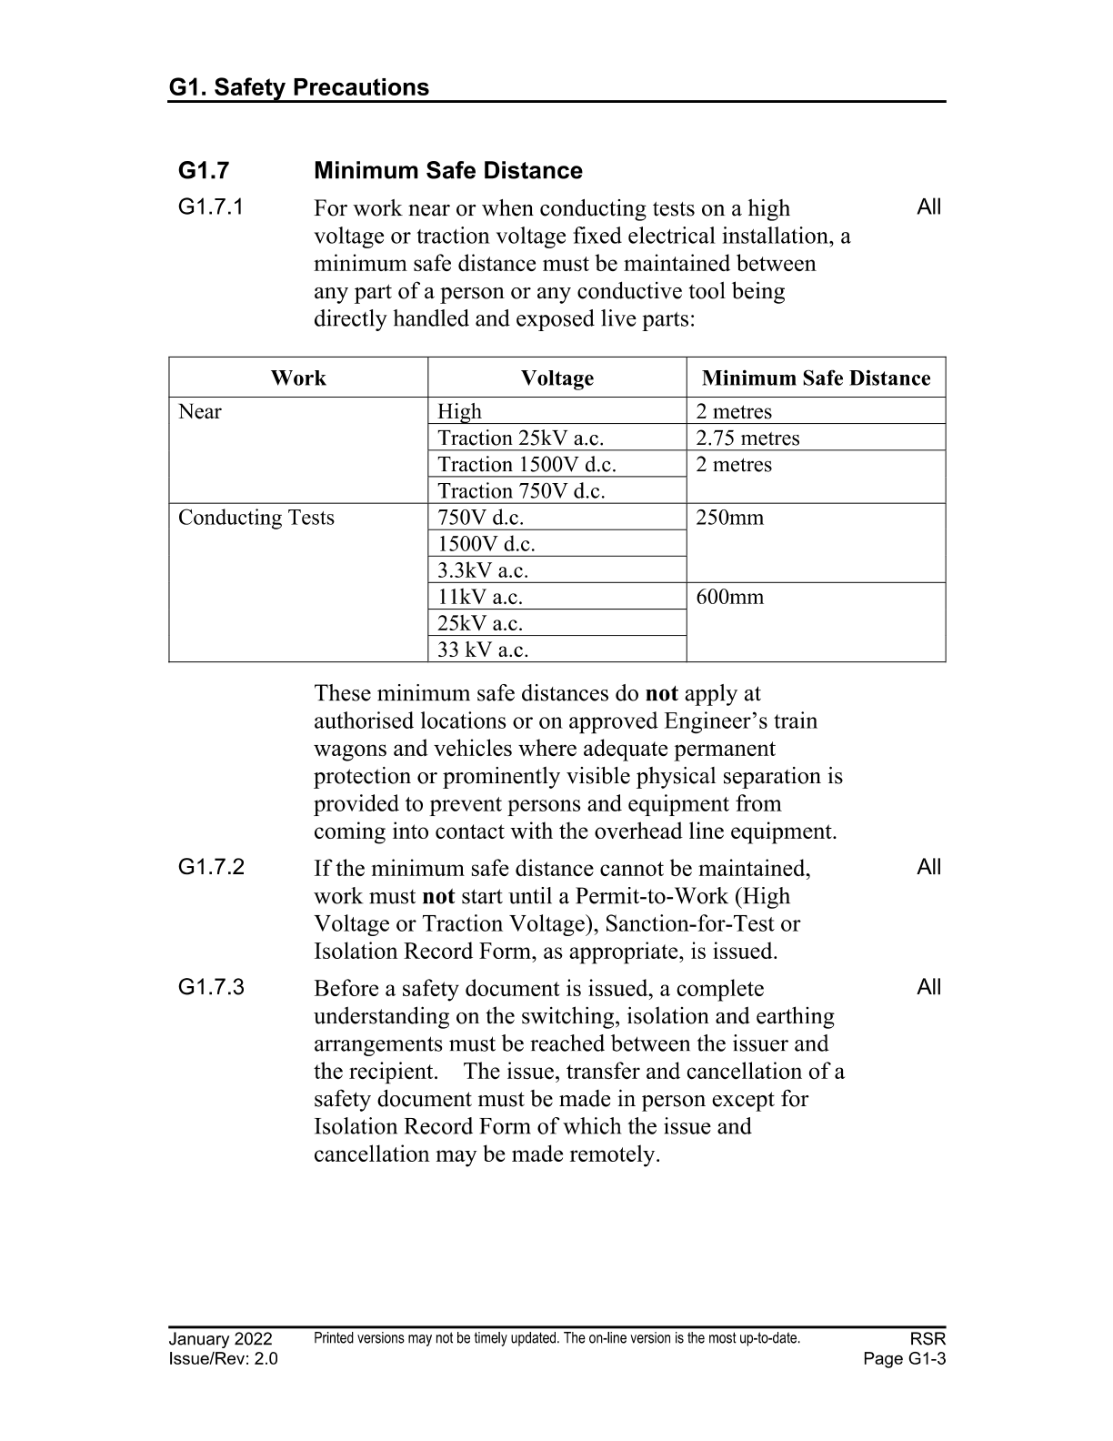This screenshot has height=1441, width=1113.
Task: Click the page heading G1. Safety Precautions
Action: pyautogui.click(x=298, y=87)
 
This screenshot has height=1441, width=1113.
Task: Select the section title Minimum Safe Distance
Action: pyautogui.click(x=447, y=171)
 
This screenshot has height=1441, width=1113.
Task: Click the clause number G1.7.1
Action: pyautogui.click(x=211, y=207)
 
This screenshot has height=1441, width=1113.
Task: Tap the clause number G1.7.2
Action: pyautogui.click(x=211, y=867)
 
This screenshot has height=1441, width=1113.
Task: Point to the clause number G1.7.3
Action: pyautogui.click(x=211, y=987)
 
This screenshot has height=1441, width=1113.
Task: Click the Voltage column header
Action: pyautogui.click(x=556, y=378)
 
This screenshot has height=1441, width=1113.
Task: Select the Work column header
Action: pyautogui.click(x=297, y=378)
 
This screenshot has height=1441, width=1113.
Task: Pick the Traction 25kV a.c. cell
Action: pyautogui.click(x=520, y=438)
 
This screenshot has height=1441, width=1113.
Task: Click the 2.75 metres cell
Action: pyautogui.click(x=747, y=438)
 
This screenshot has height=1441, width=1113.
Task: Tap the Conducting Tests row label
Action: pyautogui.click(x=256, y=518)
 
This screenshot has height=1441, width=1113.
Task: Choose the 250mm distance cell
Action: pyautogui.click(x=729, y=518)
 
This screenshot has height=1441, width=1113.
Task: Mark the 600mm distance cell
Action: pyautogui.click(x=729, y=597)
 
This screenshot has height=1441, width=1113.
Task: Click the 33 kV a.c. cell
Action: pyautogui.click(x=483, y=650)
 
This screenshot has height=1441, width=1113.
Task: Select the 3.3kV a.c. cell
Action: pyautogui.click(x=483, y=570)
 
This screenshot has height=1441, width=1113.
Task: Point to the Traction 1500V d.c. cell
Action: pyautogui.click(x=526, y=464)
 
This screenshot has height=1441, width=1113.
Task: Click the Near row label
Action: pyautogui.click(x=199, y=411)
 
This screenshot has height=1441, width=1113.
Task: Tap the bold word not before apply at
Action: pyautogui.click(x=661, y=693)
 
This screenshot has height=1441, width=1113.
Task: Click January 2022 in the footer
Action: pyautogui.click(x=220, y=1339)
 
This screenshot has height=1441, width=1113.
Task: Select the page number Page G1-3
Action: pyautogui.click(x=905, y=1359)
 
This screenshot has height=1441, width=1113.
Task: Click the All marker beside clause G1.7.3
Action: pyautogui.click(x=928, y=987)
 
